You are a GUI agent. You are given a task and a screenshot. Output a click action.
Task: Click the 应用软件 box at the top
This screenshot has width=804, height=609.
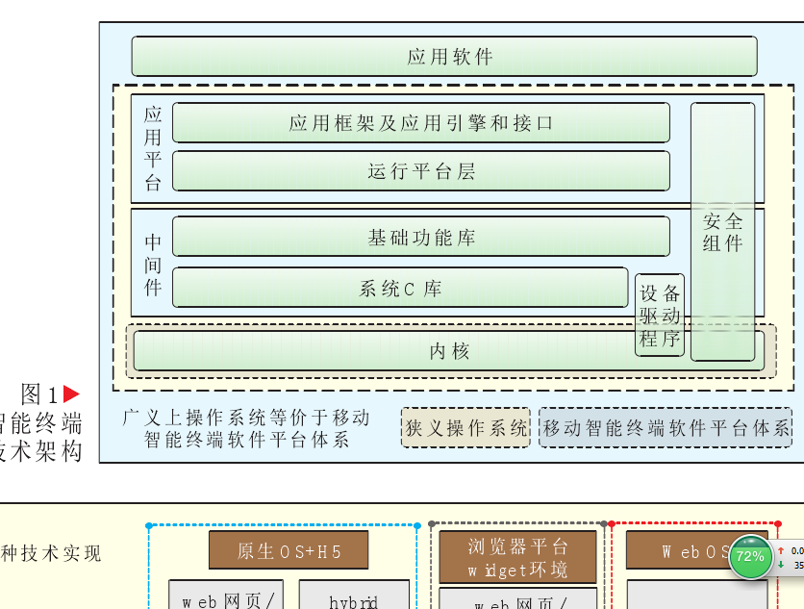443,57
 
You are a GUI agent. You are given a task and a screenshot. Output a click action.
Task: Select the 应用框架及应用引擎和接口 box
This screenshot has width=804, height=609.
420,123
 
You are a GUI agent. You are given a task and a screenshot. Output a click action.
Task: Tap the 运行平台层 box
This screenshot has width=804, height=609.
420,171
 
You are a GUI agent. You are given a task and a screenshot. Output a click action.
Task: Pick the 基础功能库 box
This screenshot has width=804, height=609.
420,237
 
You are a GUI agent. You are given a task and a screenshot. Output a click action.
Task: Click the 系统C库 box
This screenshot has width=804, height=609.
399,288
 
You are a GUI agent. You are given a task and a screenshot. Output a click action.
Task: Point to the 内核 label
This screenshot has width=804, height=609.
449,351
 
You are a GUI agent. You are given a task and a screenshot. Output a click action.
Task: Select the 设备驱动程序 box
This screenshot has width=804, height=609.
660,316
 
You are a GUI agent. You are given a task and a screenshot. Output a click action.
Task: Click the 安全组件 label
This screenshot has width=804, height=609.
722,232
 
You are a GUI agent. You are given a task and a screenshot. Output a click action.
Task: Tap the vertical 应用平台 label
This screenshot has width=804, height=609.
153,148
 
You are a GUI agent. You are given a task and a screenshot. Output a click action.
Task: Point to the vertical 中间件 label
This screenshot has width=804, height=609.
153,264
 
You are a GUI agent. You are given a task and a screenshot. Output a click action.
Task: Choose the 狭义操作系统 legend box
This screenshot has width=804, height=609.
465,428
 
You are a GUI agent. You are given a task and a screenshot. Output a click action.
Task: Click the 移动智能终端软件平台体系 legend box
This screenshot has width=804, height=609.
666,428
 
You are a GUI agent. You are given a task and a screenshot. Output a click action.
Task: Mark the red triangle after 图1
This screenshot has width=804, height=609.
70,394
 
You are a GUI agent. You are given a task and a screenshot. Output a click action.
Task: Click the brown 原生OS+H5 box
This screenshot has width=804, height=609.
289,550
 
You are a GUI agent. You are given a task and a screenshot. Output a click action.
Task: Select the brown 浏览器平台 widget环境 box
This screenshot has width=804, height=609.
517,557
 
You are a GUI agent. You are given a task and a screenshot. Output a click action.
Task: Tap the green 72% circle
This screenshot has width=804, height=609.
750,557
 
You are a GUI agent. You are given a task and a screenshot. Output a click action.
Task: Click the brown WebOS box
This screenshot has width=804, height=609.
691,550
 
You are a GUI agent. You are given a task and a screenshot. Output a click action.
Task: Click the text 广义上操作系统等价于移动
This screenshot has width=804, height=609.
246,418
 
